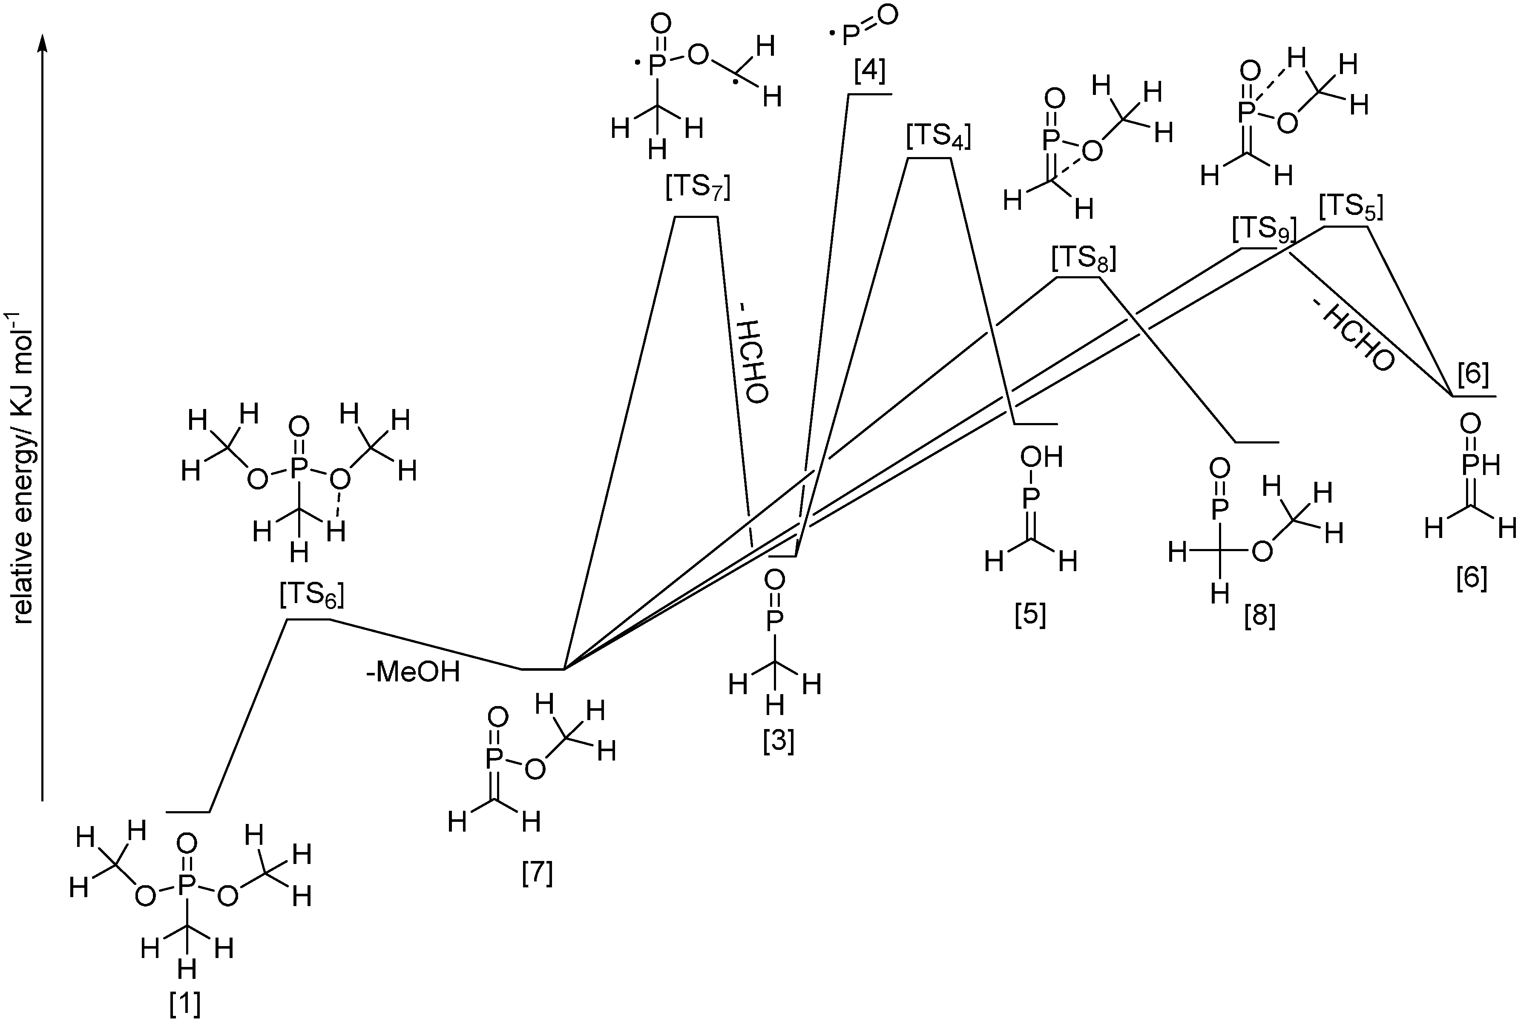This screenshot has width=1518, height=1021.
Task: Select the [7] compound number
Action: tap(538, 873)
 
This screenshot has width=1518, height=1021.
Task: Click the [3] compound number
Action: tap(779, 742)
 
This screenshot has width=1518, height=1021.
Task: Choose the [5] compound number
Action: tap(1030, 615)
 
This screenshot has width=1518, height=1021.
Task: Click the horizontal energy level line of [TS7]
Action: tap(696, 217)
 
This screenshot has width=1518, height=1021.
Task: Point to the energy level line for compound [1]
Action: tap(188, 812)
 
